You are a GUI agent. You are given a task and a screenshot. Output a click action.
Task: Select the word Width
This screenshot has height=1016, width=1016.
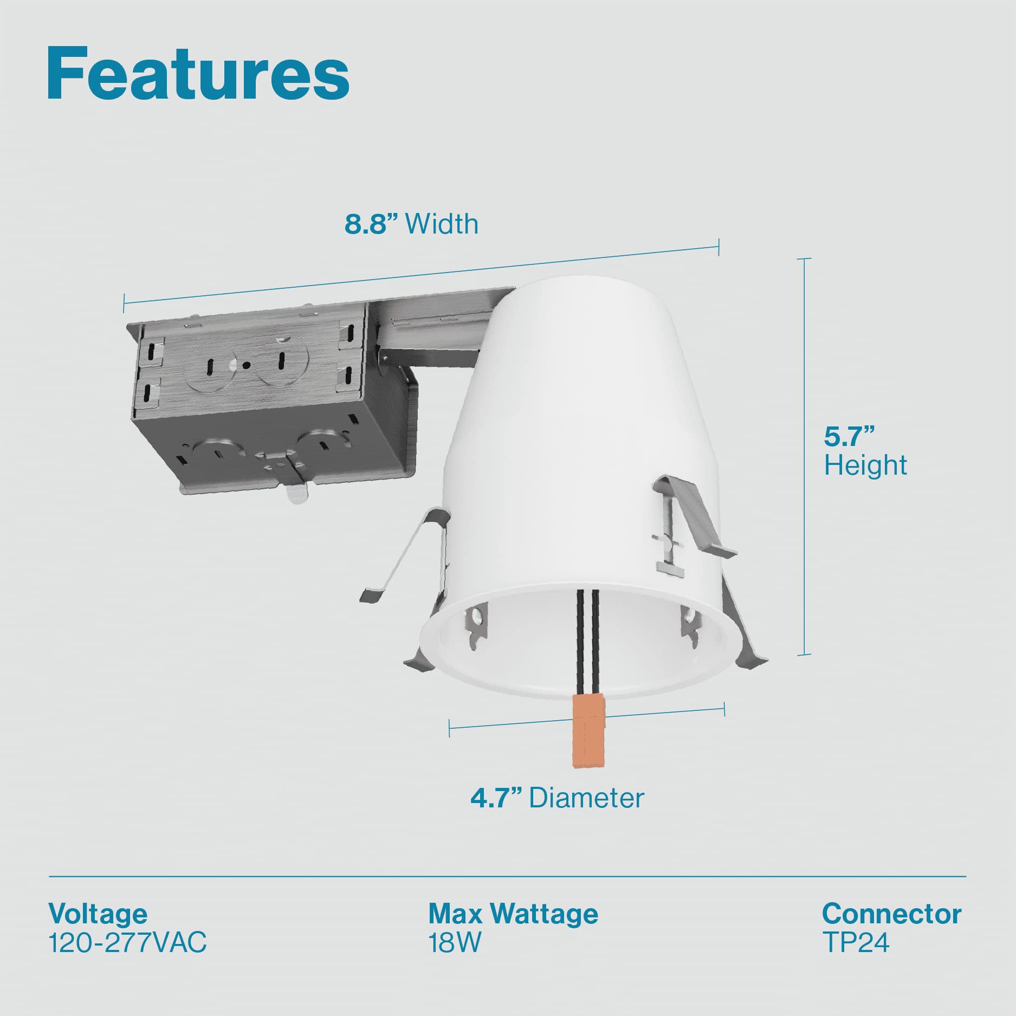pyautogui.click(x=442, y=224)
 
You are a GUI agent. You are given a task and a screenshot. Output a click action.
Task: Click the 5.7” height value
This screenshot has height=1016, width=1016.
pyautogui.click(x=849, y=437)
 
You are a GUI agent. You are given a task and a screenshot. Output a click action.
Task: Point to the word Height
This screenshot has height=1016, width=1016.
pyautogui.click(x=865, y=465)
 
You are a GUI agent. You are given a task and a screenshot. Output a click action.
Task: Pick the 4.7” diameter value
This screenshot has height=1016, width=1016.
pyautogui.click(x=496, y=798)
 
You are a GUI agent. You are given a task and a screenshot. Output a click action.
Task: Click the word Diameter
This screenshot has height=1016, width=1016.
pyautogui.click(x=587, y=798)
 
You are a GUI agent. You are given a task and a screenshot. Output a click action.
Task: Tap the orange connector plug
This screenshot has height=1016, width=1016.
pyautogui.click(x=588, y=732)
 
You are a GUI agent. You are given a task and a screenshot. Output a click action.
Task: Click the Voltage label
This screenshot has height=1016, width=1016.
pyautogui.click(x=98, y=914)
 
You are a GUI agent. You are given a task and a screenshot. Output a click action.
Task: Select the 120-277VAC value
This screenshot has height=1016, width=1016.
pyautogui.click(x=128, y=943)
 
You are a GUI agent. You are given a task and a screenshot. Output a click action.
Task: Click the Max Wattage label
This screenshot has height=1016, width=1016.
pyautogui.click(x=513, y=914)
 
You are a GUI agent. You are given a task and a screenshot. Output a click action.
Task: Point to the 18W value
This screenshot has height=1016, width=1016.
pyautogui.click(x=455, y=943)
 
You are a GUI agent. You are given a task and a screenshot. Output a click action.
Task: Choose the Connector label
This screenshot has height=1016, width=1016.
pyautogui.click(x=891, y=914)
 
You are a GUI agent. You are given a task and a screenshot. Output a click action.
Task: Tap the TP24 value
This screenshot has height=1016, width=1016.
pyautogui.click(x=856, y=943)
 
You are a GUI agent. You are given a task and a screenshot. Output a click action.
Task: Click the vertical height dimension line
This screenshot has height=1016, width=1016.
pyautogui.click(x=804, y=455)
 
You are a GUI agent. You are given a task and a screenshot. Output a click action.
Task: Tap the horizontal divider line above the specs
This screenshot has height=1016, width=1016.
pyautogui.click(x=507, y=876)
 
